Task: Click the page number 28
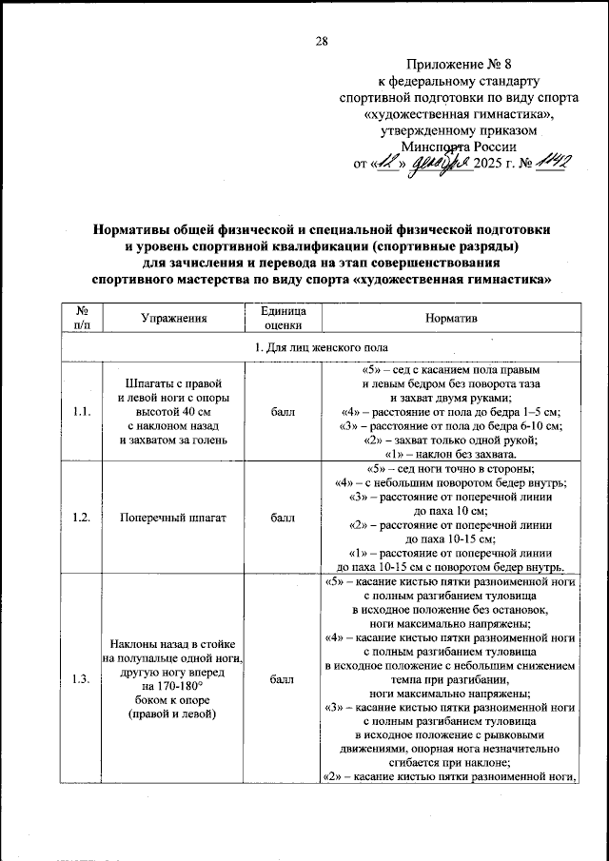[321, 41]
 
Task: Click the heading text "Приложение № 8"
[458, 65]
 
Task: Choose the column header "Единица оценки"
[283, 317]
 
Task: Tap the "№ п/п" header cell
[81, 317]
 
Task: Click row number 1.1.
[81, 411]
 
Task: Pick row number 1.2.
[81, 519]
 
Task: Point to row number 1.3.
[81, 679]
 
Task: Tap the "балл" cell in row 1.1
[283, 411]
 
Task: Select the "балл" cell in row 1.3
[283, 679]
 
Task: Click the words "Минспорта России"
[459, 147]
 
